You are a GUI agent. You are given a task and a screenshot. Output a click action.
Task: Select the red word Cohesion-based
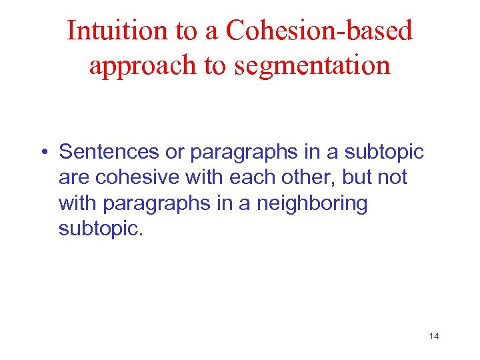pyautogui.click(x=320, y=31)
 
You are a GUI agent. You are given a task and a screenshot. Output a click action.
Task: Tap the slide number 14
pyautogui.click(x=433, y=336)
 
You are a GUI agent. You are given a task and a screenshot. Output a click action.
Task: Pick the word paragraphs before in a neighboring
pyautogui.click(x=156, y=204)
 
